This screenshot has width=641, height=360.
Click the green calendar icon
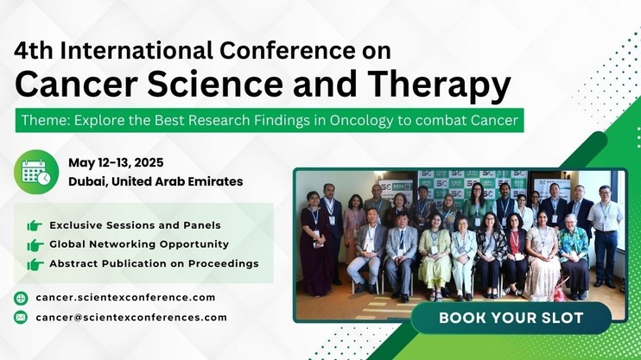[36, 172]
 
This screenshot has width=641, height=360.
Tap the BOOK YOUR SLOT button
[511, 318]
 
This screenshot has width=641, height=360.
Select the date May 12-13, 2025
[116, 162]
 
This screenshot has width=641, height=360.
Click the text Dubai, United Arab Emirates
[155, 181]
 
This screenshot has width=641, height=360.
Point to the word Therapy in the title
[440, 85]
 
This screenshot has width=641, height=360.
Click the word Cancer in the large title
[76, 85]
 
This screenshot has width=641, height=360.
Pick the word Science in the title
[215, 84]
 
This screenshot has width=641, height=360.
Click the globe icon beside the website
[21, 298]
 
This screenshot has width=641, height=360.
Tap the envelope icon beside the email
[21, 318]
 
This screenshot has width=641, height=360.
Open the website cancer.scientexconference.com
[125, 298]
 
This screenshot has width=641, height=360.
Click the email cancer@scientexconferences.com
[131, 318]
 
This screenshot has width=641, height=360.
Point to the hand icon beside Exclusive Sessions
[35, 225]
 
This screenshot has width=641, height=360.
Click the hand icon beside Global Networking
[35, 245]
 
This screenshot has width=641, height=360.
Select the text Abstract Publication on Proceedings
[154, 264]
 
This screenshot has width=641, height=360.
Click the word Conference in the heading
[288, 51]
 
